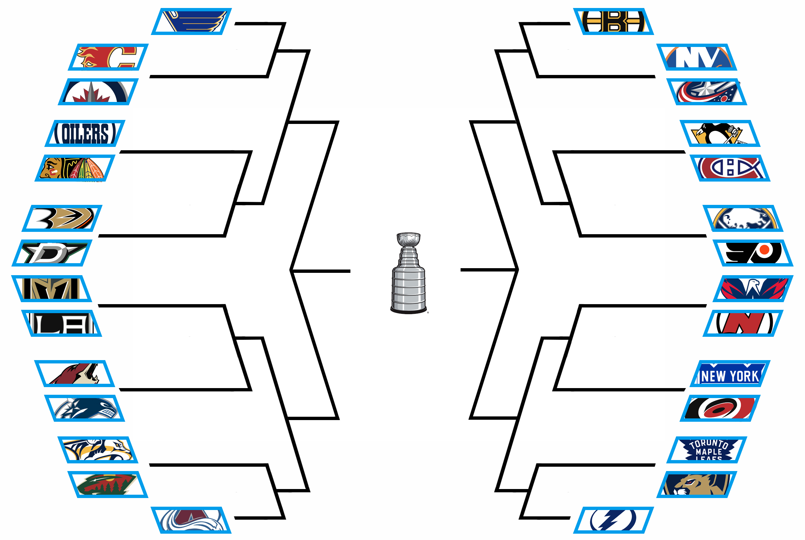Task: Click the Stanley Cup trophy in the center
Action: pos(408,273)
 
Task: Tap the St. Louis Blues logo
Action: pos(191,22)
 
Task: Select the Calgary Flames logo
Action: pos(108,57)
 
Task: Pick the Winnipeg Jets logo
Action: pos(98,92)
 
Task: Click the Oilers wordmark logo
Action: pos(85,133)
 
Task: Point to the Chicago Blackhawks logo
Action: pos(75,168)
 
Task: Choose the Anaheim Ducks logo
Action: pos(62,218)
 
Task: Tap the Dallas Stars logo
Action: pos(52,253)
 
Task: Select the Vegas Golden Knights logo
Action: pos(52,288)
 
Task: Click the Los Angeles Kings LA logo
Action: pos(62,323)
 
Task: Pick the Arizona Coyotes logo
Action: pos(74,374)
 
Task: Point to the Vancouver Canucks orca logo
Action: pos(85,408)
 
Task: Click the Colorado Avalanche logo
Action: pos(191,520)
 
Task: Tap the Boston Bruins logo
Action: pos(613,22)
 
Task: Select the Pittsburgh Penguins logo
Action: pos(720,133)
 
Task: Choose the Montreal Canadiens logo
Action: pos(730,168)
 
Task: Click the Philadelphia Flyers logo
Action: pos(753,253)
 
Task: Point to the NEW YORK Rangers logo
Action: pos(730,374)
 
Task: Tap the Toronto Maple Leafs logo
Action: pos(706,450)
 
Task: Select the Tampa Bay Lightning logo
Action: pos(613,520)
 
